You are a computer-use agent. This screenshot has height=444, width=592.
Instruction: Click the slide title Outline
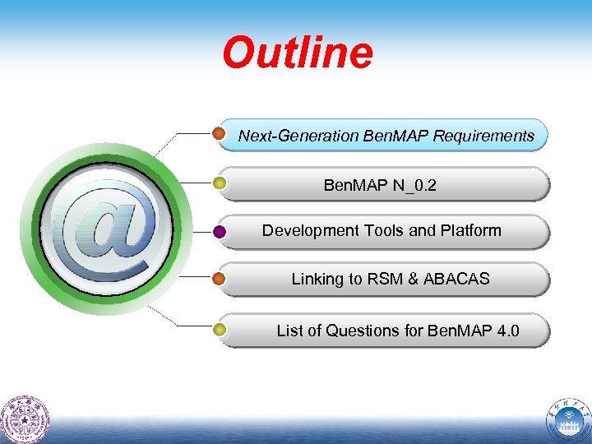coord(297,53)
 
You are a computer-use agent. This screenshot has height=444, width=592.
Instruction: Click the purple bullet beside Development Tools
coord(220,232)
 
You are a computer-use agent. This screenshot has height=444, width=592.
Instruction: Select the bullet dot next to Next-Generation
coord(220,133)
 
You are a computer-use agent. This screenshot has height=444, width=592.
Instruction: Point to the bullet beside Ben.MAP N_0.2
coord(220,183)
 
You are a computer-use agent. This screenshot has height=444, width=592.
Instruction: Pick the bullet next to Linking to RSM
coord(220,280)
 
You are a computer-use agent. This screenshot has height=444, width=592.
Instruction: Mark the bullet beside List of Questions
coord(220,331)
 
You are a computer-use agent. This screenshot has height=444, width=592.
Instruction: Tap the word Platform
coord(469,230)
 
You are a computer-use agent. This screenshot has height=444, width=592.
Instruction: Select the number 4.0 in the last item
coord(507,331)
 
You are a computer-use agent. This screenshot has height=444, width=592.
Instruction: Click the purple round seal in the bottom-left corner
coord(25,419)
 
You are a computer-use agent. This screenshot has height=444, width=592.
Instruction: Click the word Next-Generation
coord(298,136)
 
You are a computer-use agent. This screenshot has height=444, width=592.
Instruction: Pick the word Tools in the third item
coord(382,230)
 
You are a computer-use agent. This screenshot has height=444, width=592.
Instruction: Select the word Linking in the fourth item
coord(316,279)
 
